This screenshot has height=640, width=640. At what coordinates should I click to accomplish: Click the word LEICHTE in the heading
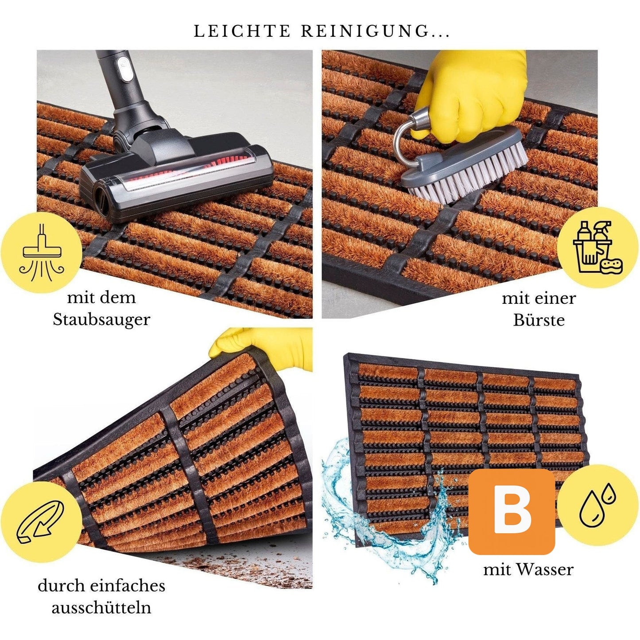pos(242,31)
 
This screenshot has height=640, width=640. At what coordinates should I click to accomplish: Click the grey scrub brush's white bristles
pos(472,176)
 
